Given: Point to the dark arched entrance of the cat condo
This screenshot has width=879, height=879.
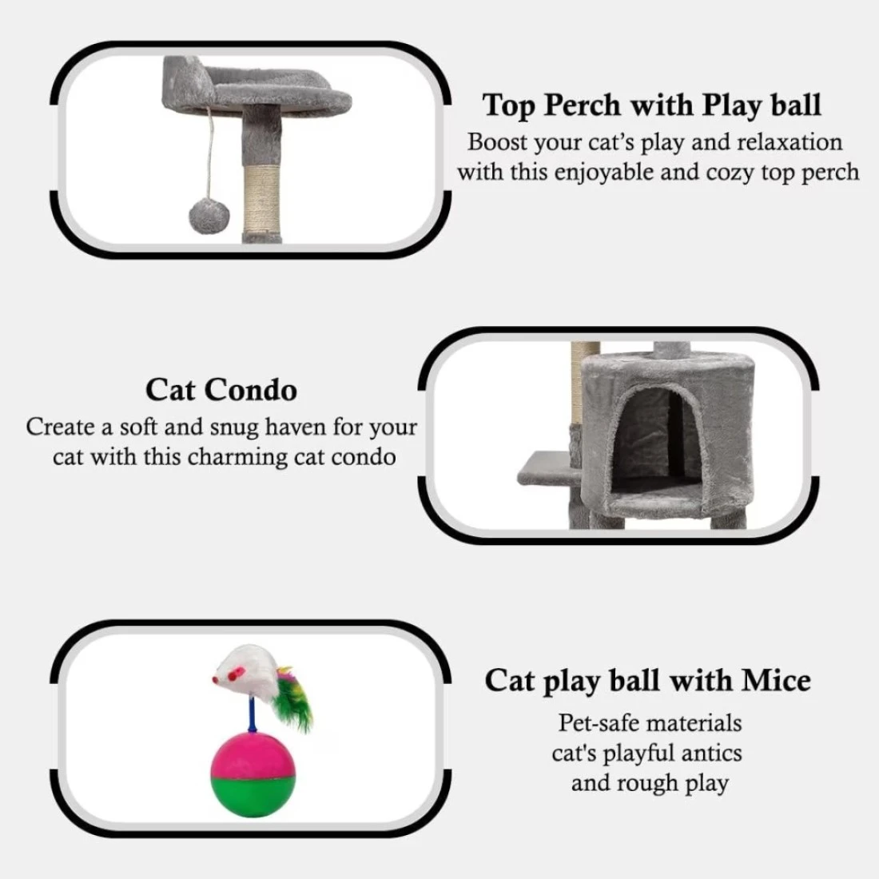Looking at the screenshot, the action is tap(656, 440).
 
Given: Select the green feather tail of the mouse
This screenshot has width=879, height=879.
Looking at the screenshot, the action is tap(293, 701).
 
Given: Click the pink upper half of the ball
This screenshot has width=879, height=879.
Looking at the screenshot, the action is tap(253, 754).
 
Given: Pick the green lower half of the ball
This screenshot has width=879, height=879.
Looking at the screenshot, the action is tap(253, 796).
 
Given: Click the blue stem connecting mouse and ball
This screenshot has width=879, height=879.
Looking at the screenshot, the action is tap(253, 715).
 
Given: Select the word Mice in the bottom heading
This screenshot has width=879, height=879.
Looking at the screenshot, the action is tap(776, 681).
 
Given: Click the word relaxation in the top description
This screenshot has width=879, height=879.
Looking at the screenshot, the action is tap(790, 141).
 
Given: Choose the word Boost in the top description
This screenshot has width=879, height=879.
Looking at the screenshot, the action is tap(498, 141).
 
